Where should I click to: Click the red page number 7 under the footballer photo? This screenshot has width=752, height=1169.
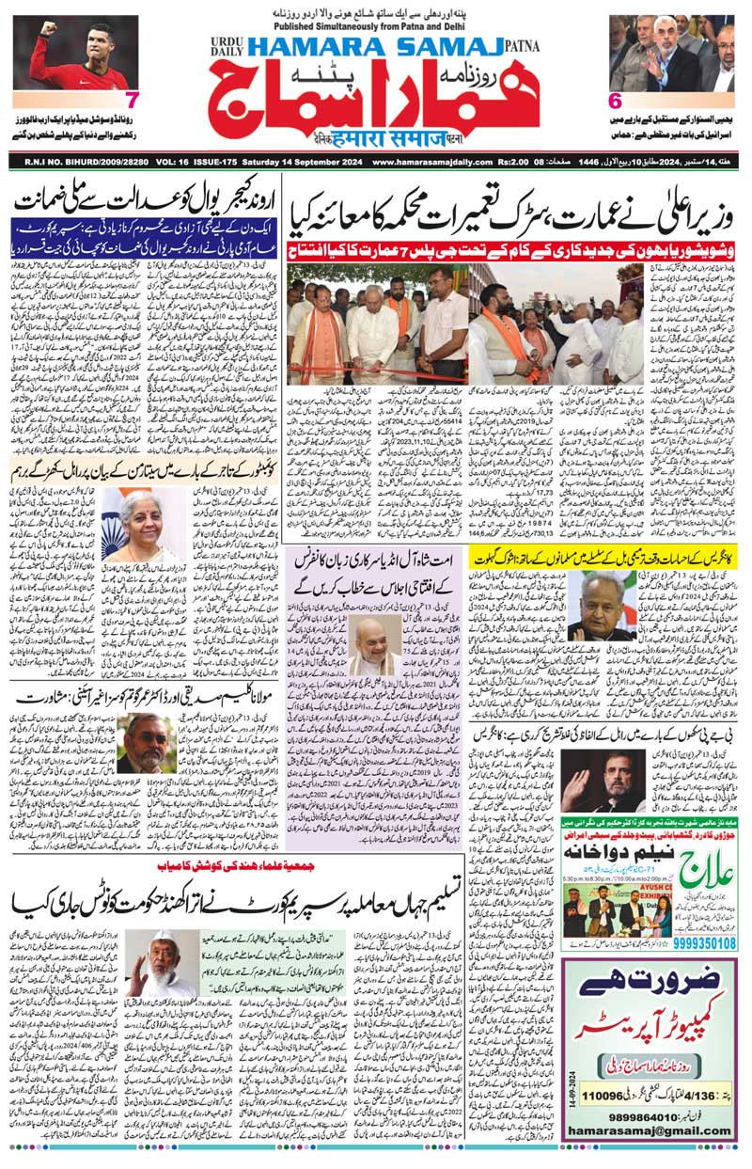coord(132,100)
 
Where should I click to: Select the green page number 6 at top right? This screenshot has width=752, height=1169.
coord(617,101)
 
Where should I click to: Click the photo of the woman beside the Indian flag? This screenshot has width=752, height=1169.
coord(142,525)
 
